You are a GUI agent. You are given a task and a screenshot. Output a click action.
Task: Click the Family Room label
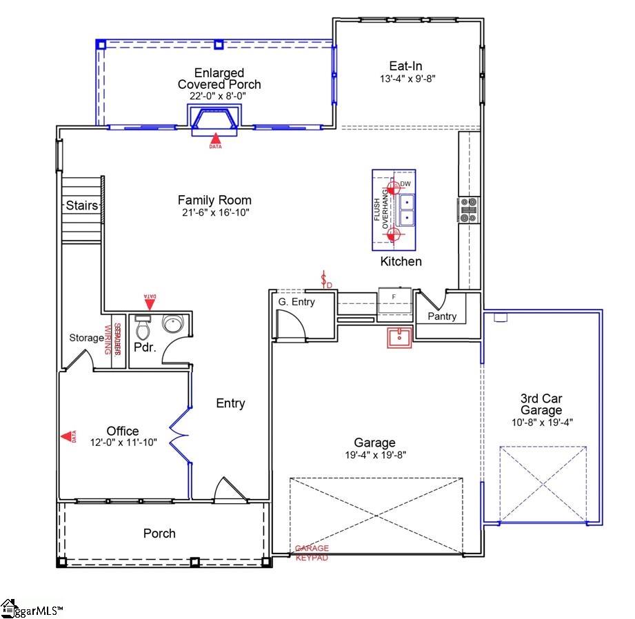coord(214,200)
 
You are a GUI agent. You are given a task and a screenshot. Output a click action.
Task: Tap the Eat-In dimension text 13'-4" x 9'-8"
coord(407,79)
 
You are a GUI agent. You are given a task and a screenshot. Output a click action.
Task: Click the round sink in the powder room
coord(170,323)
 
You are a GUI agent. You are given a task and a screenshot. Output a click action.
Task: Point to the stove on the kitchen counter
coord(469,210)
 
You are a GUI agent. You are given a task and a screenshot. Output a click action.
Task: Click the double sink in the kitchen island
coord(407,210)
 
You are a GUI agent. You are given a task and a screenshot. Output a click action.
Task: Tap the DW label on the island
coord(405,183)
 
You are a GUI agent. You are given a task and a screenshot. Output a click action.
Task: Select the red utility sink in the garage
coord(399,338)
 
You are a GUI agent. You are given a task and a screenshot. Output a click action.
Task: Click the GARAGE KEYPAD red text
coord(312,553)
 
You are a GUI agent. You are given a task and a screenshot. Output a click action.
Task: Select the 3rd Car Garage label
coord(541,404)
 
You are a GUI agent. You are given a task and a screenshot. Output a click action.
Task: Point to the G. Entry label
coord(296,301)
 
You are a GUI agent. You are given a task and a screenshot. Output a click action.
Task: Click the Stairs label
coord(81,205)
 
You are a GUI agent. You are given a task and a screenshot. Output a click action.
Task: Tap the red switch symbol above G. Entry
coord(325,281)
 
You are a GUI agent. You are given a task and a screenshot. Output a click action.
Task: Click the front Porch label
coord(159,533)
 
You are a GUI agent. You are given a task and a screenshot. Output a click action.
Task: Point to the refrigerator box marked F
coord(394,297)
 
